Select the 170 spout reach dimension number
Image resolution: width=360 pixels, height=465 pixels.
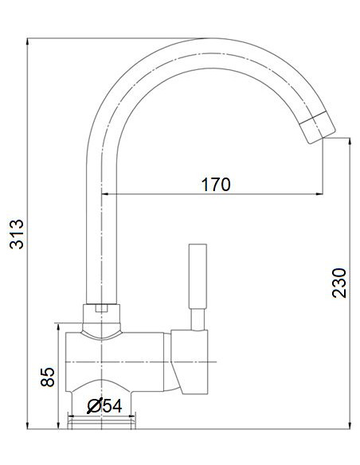click(x=215, y=185)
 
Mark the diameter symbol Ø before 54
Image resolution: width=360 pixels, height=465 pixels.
click(x=92, y=406)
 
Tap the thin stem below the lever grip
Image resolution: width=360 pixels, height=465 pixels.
click(x=196, y=318)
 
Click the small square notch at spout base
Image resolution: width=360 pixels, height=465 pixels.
click(x=101, y=307)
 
